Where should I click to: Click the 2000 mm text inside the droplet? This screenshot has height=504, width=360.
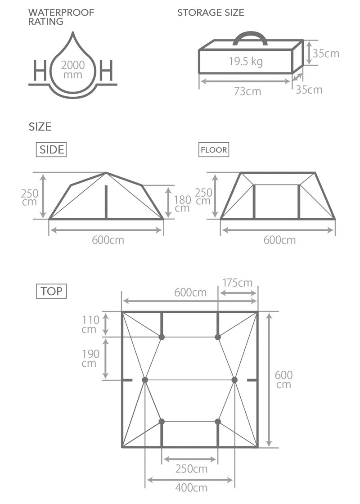click(x=73, y=70)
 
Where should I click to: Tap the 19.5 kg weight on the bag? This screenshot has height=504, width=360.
click(x=245, y=61)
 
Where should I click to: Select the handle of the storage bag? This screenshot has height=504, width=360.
click(x=250, y=36)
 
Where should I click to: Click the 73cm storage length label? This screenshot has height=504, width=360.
click(x=247, y=91)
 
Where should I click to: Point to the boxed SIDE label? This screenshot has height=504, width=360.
click(x=51, y=150)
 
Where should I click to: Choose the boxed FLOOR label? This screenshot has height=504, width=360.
click(x=214, y=150)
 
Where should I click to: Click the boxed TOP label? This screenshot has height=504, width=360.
click(x=51, y=291)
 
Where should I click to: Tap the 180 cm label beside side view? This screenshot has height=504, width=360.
click(x=182, y=204)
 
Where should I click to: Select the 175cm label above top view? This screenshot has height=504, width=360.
click(x=237, y=283)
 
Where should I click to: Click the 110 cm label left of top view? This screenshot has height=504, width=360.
click(x=90, y=324)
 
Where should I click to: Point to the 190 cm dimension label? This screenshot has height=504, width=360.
click(x=90, y=358)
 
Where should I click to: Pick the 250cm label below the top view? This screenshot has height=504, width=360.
click(x=191, y=469)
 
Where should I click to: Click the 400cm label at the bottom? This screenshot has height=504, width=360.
click(x=191, y=488)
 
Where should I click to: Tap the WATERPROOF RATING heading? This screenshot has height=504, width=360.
click(x=61, y=17)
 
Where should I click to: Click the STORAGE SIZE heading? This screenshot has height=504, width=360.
click(x=211, y=13)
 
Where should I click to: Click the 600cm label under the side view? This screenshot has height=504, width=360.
click(x=108, y=240)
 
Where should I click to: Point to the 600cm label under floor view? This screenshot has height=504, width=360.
click(x=279, y=240)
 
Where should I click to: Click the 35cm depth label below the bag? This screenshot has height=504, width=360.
click(x=309, y=90)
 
